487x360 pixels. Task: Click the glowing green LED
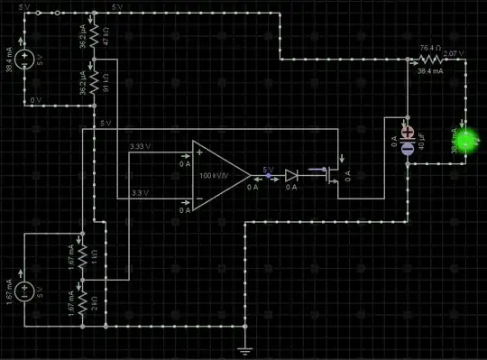[466, 140]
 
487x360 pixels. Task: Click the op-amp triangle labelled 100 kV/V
[217, 174]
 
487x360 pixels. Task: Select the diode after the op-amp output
[291, 175]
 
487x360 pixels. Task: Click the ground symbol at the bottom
[244, 346]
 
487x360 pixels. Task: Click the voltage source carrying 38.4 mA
[27, 60]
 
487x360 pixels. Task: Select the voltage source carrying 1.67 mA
[27, 291]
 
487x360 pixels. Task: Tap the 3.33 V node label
[141, 145]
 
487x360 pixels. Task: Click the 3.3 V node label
[140, 194]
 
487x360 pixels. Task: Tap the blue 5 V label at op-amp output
[268, 169]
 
